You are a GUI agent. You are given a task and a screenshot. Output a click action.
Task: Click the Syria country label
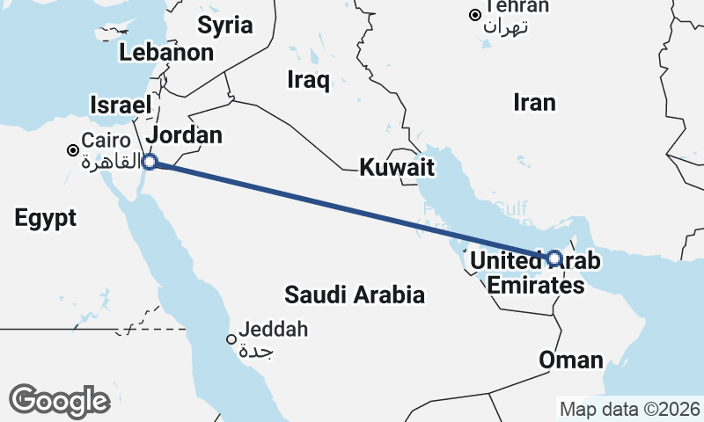pos(224,25)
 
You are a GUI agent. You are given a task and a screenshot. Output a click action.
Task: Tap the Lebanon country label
pos(166,52)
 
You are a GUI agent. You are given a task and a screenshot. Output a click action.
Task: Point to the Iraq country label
pos(308,81)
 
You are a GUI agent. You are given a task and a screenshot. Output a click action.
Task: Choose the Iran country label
pos(534,103)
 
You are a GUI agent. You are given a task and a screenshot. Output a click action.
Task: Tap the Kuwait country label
pos(398,166)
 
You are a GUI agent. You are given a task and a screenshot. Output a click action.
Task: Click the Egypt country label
pos(45,218)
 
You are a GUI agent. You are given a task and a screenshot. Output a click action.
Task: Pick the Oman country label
pos(571,360)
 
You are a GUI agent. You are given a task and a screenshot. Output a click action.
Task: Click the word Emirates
pos(535,286)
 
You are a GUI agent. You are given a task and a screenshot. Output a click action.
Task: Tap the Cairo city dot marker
pos(72,150)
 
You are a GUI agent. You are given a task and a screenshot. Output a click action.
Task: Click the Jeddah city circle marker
pos(231,339)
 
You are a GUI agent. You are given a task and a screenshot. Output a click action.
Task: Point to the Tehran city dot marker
pos(475,15)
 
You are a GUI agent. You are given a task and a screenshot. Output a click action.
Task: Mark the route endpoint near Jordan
pos(150,162)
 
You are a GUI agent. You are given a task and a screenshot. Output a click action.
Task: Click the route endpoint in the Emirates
pos(554,258)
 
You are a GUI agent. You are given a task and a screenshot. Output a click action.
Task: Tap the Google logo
pos(59,401)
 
